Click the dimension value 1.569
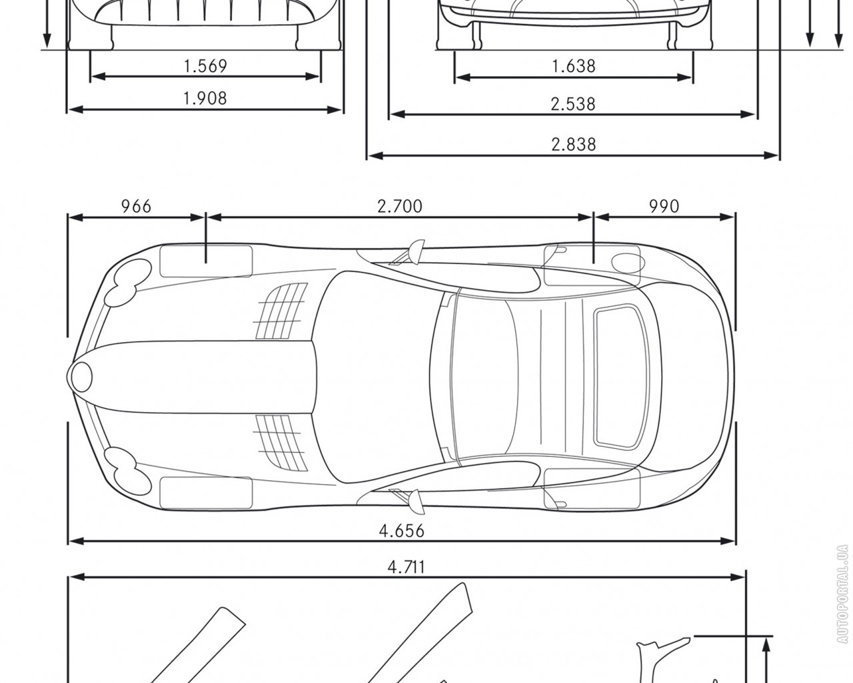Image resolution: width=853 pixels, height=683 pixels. click(x=205, y=66)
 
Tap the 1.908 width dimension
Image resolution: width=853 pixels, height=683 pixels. click(x=205, y=99)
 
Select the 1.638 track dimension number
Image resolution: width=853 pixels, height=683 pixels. click(x=574, y=66)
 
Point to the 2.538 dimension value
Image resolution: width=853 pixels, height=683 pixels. click(x=572, y=104)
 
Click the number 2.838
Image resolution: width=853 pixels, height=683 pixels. click(x=574, y=145)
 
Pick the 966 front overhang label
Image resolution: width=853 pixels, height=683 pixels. click(x=136, y=206)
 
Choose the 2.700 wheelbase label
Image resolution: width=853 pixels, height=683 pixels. click(x=400, y=206)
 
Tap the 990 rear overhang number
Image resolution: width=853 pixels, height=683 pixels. click(x=664, y=206)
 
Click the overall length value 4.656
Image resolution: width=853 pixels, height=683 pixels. click(x=402, y=531)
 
